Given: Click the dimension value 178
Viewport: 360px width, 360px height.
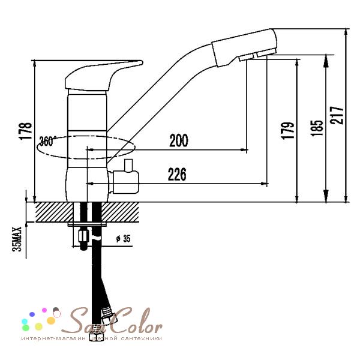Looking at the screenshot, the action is point(25,131).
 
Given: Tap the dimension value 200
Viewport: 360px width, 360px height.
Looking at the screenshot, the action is point(179,140).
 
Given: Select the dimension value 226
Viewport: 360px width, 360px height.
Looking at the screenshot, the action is point(177,174).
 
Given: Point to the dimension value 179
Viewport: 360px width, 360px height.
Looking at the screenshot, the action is point(287,130).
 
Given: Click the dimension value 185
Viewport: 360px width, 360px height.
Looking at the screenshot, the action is point(317,128).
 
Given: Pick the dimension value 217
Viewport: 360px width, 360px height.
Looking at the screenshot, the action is point(337,115).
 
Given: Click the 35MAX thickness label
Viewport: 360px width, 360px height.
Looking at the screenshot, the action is point(17,239).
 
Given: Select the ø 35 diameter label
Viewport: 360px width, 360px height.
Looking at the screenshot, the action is point(123,239).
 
